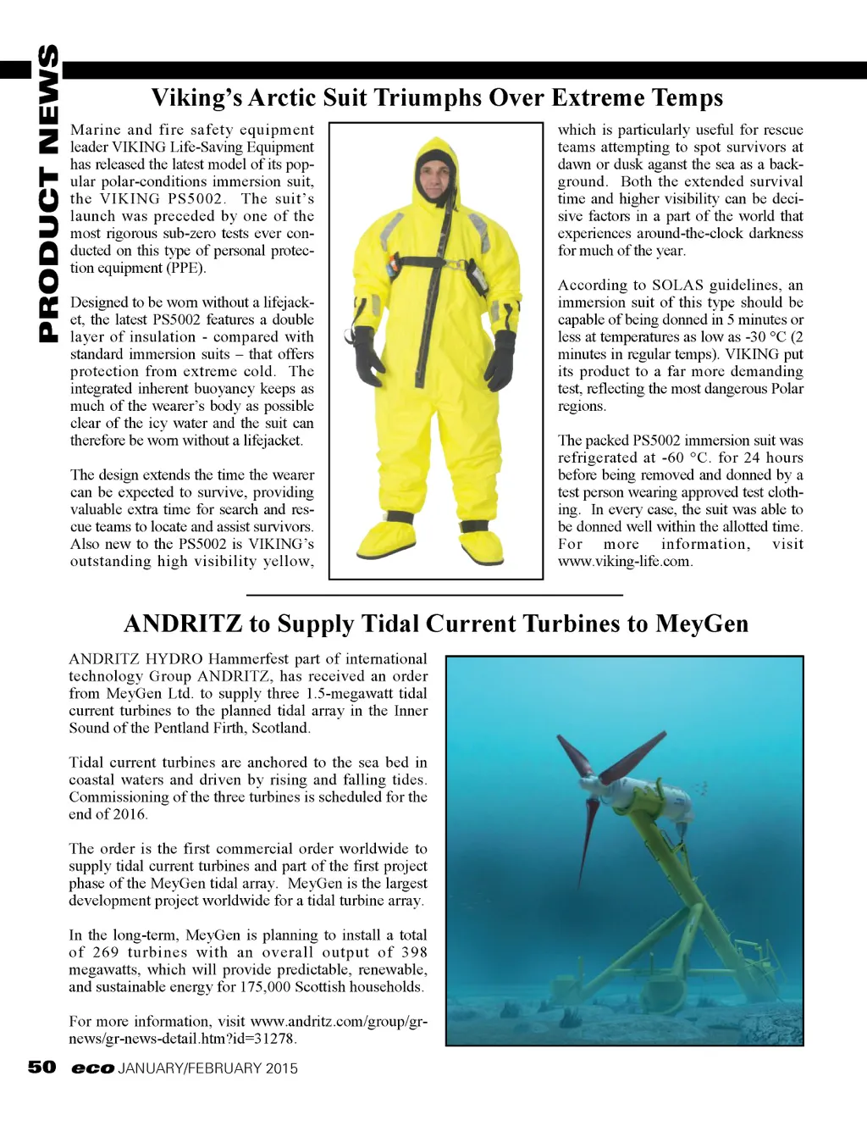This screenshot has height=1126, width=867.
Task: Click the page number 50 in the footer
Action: coord(41,1067)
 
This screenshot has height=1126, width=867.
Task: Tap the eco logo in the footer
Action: coord(92,1068)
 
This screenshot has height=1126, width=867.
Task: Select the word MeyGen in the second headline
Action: coord(701,624)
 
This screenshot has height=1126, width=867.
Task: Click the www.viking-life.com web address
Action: coord(625,561)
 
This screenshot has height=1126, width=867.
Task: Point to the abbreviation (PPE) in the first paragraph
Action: coord(185,268)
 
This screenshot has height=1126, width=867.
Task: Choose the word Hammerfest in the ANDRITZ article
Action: coord(249,658)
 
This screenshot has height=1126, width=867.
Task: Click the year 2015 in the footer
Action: coord(282,1068)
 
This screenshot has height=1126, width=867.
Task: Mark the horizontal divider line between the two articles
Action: coord(433,596)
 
